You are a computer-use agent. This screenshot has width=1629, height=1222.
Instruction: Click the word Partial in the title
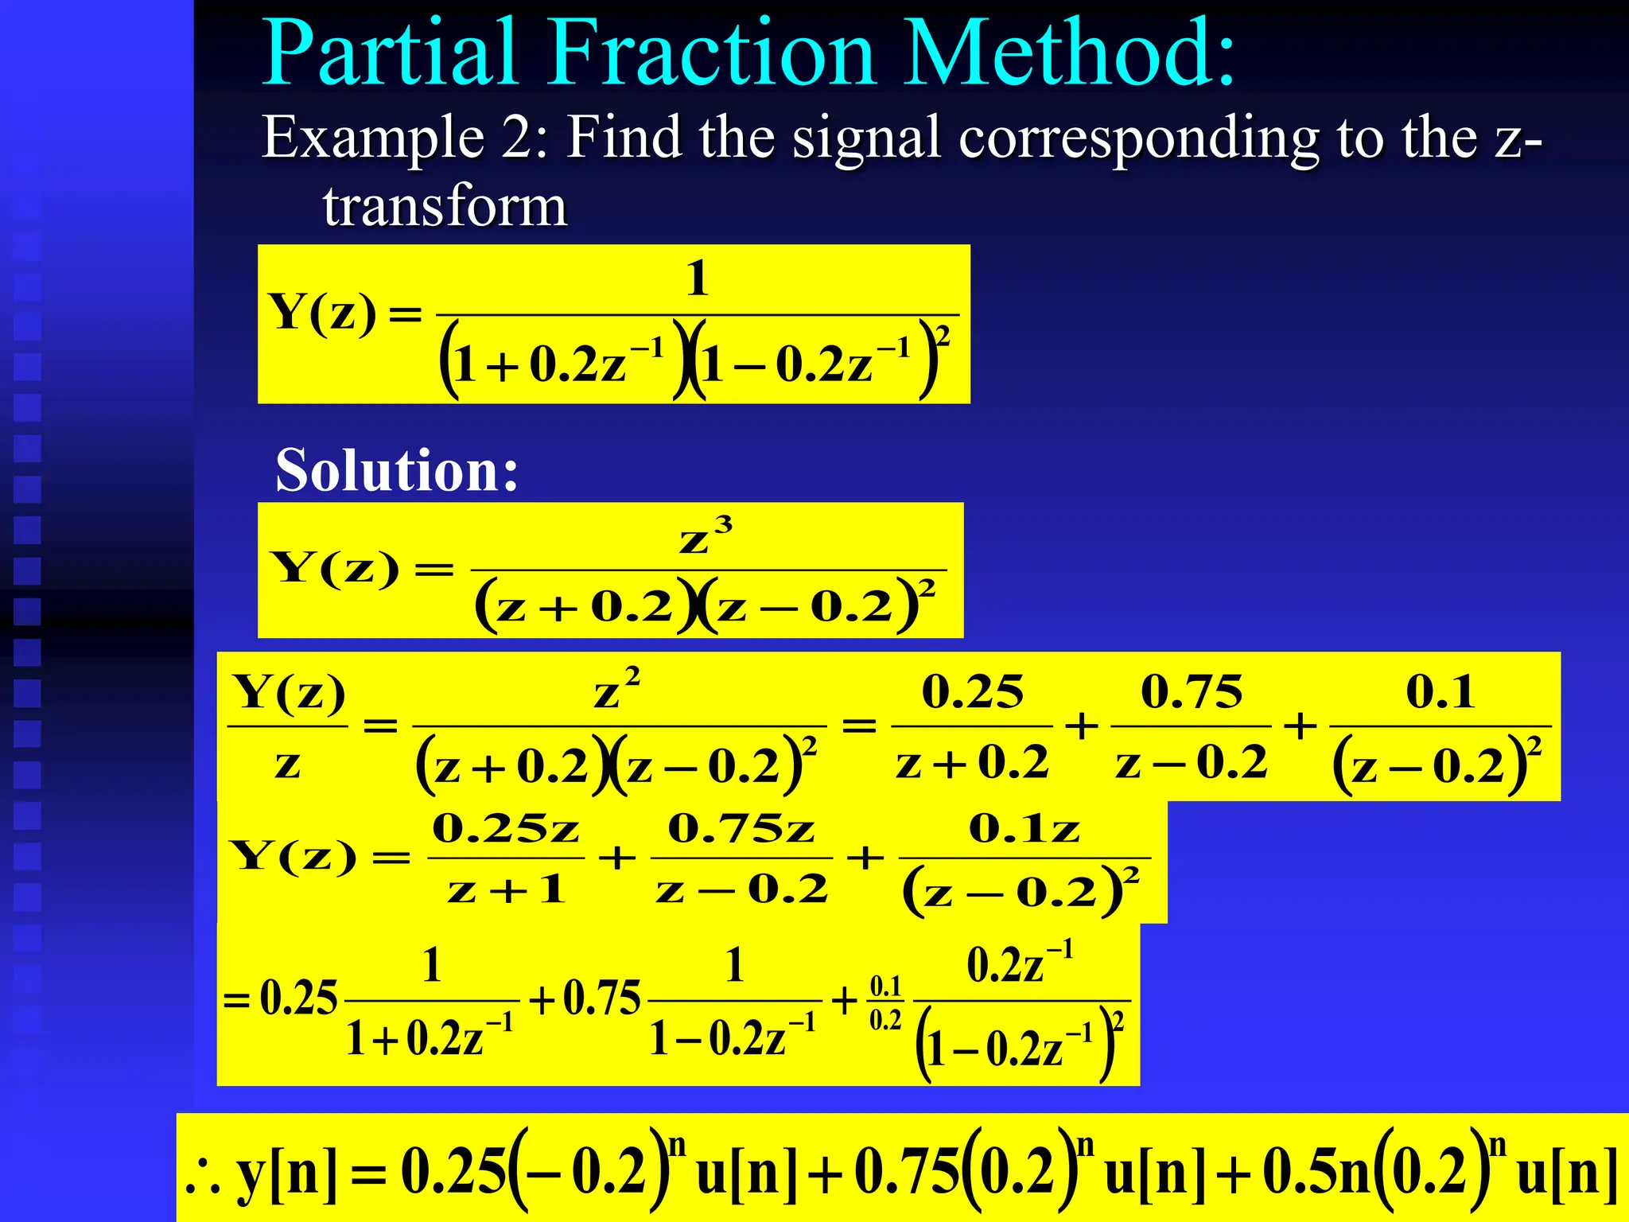[390, 54]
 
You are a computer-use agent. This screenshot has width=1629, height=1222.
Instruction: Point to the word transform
[445, 207]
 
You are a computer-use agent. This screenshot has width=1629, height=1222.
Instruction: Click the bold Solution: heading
[396, 470]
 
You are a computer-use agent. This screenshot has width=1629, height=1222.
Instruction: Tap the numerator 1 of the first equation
[698, 278]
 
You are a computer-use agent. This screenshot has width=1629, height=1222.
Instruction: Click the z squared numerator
[617, 689]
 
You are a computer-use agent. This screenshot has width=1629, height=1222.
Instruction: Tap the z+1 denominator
[506, 889]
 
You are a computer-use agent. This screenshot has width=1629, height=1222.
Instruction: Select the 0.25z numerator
[506, 829]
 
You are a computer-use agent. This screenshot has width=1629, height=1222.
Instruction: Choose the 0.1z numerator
[1024, 829]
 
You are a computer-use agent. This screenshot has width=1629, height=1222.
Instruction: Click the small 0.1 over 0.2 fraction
[885, 1002]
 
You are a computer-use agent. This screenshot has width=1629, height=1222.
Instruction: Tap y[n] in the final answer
[287, 1174]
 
